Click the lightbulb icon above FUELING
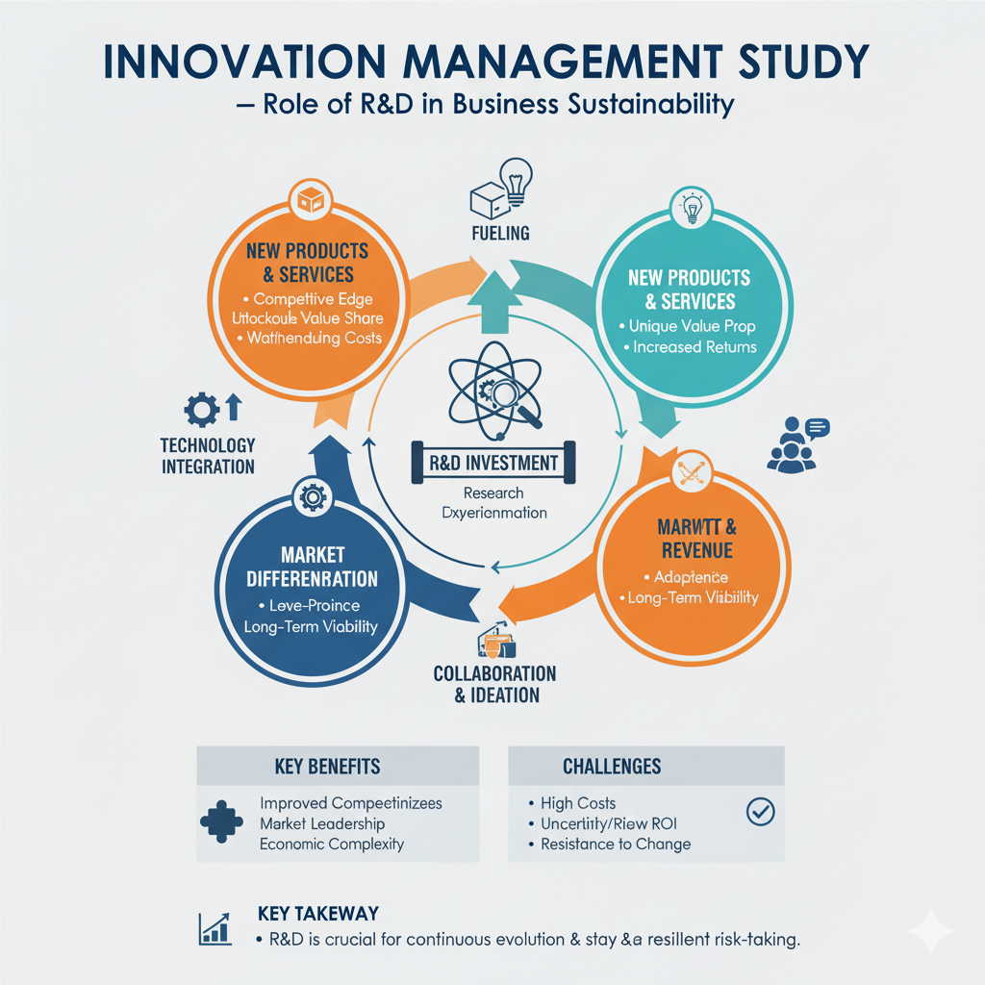[x=517, y=182]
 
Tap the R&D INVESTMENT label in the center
[x=492, y=463]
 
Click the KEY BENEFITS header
[x=327, y=767]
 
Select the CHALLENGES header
[x=612, y=767]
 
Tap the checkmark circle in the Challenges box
[x=760, y=813]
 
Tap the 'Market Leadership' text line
[x=322, y=823]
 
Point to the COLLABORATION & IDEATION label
[x=494, y=684]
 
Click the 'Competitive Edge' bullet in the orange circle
[x=314, y=299]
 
